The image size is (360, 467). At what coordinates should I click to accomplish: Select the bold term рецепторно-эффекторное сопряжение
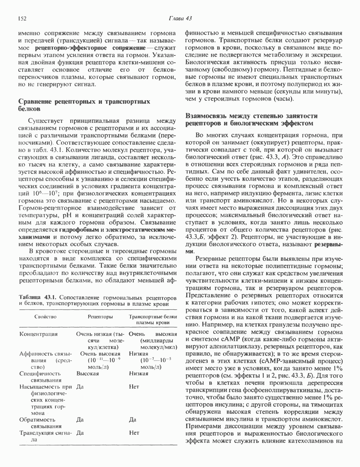90,47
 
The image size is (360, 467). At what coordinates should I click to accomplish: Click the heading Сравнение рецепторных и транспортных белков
84,105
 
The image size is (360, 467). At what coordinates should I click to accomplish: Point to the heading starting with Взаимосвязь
251,119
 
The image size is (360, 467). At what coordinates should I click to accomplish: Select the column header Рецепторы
101,316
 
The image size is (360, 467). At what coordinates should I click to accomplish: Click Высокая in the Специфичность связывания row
88,373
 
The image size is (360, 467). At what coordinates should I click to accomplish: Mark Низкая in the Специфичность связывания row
139,373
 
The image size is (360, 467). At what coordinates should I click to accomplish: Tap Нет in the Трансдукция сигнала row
134,433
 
